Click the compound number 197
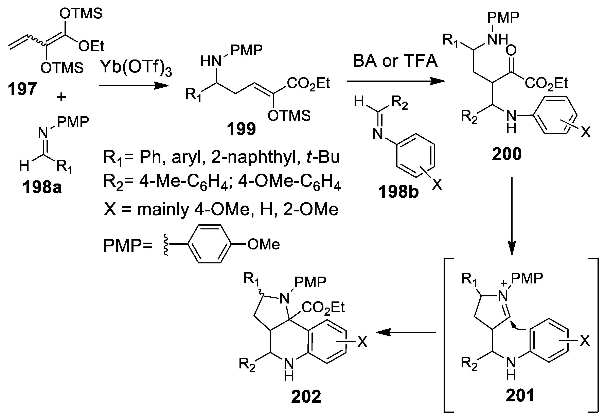[x=22, y=89]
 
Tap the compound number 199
[x=241, y=129]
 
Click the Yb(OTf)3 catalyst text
[x=136, y=68]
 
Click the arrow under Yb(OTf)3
[x=134, y=85]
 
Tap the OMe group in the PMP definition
[x=264, y=245]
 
